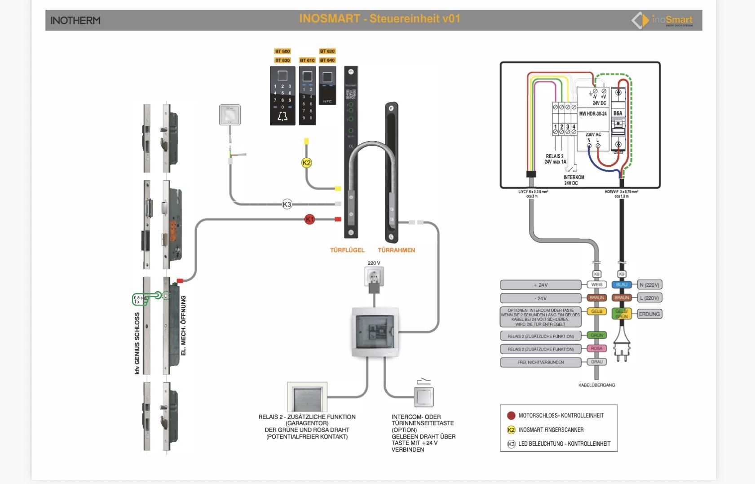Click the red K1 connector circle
(309, 219)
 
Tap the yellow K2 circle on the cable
(306, 163)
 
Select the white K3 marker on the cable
(287, 204)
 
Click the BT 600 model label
(283, 51)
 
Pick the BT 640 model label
(327, 60)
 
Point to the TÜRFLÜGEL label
(347, 250)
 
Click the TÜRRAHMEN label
(396, 250)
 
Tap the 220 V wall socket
(374, 276)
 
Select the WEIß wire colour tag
(596, 284)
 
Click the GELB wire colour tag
(596, 311)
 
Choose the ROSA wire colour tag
(596, 348)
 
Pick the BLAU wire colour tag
(622, 284)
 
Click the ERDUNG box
(649, 314)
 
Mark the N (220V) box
(649, 285)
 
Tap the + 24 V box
(541, 285)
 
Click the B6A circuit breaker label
(618, 113)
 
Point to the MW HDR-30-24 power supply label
(593, 114)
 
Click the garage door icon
(307, 397)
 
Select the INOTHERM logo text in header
(75, 21)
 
